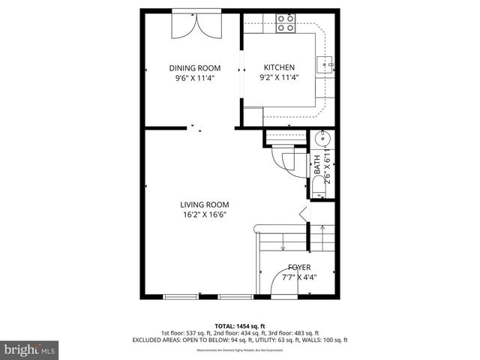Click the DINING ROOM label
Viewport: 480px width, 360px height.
194,67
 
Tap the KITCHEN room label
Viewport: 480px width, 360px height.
277,67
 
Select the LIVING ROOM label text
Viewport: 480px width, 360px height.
204,204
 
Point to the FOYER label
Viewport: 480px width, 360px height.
299,267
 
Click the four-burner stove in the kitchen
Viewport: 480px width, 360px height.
285,23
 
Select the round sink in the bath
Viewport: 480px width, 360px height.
324,139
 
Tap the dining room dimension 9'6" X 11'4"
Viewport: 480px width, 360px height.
194,77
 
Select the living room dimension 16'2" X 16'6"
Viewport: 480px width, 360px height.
204,214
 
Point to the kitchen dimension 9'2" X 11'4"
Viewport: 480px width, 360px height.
277,77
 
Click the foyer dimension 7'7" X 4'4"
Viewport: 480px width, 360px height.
299,277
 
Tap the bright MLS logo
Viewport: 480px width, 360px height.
29,349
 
